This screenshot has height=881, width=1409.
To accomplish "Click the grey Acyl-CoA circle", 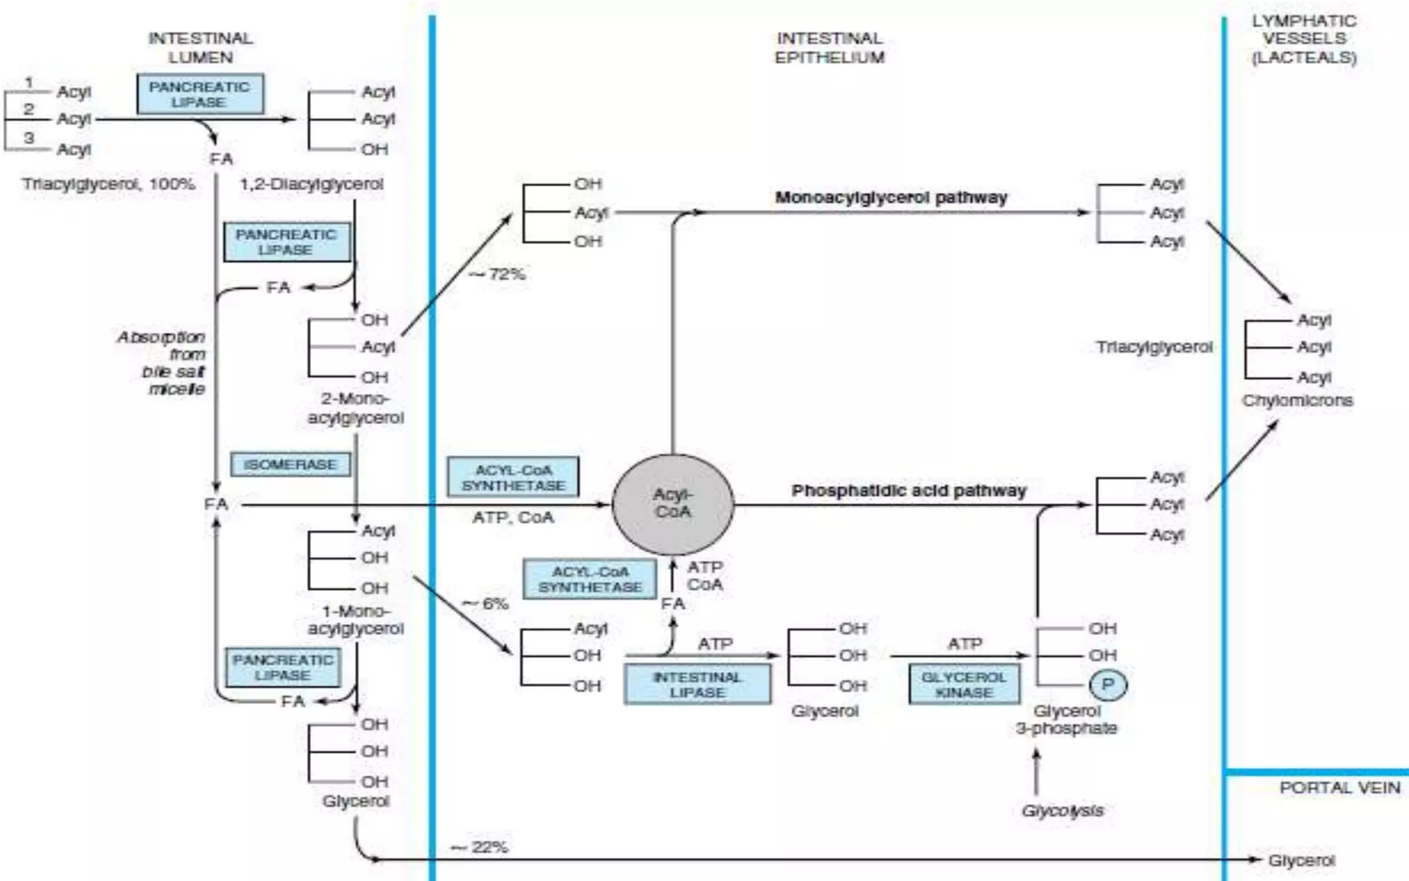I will (673, 504).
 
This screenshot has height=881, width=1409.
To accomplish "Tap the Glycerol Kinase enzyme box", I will (964, 684).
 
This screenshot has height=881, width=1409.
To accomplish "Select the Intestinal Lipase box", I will (697, 684).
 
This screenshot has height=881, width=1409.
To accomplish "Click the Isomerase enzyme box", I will (290, 465).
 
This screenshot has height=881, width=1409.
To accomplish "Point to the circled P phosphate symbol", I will (1108, 684).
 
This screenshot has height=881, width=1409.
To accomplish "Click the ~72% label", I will (497, 274).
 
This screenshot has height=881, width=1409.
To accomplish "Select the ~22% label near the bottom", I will (480, 847).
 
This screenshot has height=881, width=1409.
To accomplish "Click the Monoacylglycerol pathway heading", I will (891, 198).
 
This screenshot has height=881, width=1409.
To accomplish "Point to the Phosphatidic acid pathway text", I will (908, 491).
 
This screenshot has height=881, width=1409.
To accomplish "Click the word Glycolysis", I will (1062, 810).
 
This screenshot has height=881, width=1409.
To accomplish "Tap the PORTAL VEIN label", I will (1339, 788).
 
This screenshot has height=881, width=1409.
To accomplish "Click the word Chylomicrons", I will (1297, 401).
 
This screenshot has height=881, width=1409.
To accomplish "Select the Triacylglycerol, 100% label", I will (109, 184).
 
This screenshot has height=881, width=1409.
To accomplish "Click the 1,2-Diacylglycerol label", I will (311, 184).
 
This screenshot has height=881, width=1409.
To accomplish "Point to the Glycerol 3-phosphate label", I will (1066, 719).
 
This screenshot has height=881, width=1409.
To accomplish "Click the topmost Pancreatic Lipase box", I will (200, 94).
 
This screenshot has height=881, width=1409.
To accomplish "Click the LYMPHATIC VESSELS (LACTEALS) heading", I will (1304, 39).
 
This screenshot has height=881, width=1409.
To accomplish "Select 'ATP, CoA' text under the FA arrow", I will (513, 518).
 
